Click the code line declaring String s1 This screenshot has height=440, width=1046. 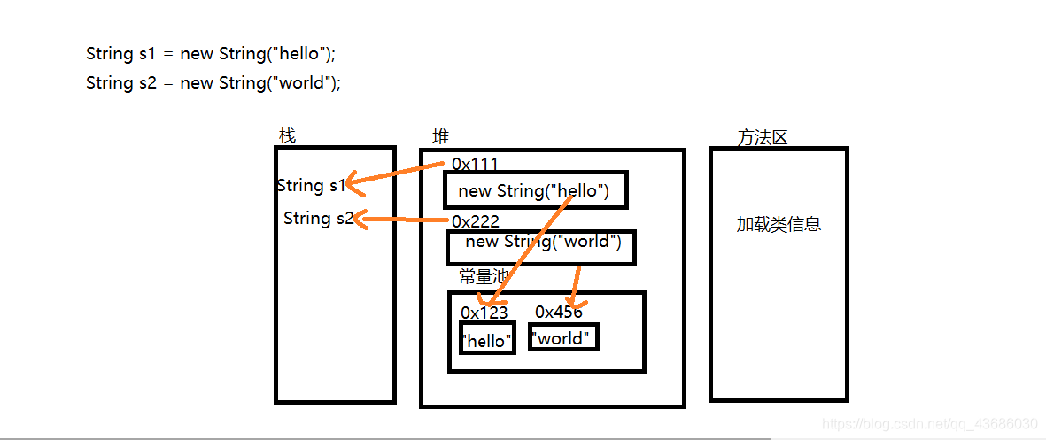211,53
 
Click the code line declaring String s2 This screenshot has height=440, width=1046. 213,82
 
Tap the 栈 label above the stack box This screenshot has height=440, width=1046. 287,135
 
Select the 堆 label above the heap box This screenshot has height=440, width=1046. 440,136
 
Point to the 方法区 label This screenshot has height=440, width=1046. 762,138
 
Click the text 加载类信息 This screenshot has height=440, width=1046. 779,224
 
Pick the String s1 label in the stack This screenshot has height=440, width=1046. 310,185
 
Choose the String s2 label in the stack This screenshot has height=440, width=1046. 317,218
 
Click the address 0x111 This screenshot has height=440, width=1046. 475,164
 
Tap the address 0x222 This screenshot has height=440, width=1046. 476,221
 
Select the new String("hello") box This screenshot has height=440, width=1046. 535,190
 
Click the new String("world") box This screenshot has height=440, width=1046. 541,247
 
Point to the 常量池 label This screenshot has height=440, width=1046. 482,276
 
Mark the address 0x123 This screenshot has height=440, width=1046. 484,312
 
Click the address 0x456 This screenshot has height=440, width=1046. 559,312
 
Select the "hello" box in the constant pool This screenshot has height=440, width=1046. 487,340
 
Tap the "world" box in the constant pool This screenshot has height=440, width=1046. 563,337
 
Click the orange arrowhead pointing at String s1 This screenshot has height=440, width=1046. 353,184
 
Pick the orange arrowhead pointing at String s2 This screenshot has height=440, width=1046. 361,219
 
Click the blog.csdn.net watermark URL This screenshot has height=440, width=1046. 929,424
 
